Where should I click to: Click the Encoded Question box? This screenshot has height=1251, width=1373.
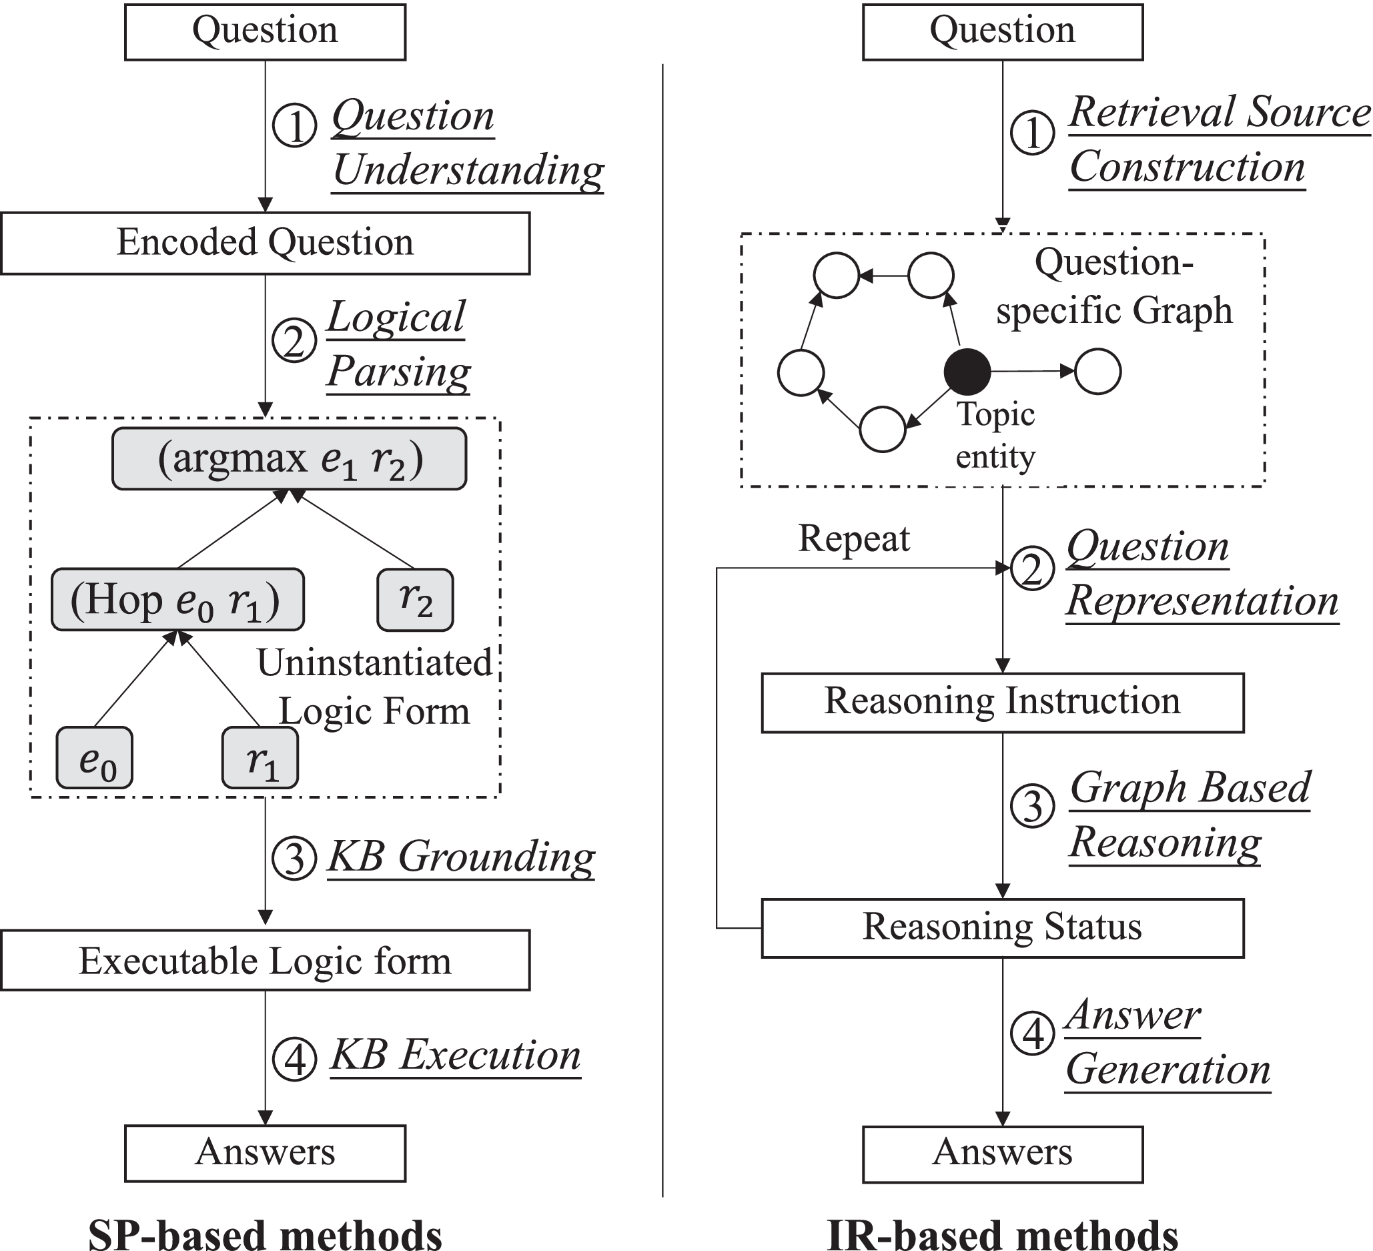[x=265, y=243]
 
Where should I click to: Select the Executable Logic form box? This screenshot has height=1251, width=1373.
[x=265, y=960]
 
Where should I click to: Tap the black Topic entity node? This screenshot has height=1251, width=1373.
[x=967, y=372]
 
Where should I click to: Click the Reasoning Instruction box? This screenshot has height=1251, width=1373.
[x=1003, y=702]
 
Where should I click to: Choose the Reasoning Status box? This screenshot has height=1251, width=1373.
[x=1003, y=928]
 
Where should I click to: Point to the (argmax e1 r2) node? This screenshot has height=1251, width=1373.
[x=290, y=458]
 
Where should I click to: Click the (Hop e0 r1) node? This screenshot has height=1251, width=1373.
[x=177, y=599]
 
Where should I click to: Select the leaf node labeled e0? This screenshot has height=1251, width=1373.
[x=95, y=758]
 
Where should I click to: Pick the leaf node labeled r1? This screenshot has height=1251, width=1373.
[x=260, y=758]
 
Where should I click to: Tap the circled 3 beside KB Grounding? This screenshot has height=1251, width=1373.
[x=294, y=857]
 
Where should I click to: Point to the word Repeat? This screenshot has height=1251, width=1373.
[x=853, y=538]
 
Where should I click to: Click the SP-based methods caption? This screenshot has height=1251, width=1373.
[x=265, y=1233]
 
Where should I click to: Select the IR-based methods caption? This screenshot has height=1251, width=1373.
[x=1003, y=1233]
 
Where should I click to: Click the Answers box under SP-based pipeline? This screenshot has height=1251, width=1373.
[x=265, y=1153]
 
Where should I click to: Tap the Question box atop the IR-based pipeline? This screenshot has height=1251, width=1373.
[x=1003, y=32]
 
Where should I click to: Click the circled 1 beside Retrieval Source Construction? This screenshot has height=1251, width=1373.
[x=1033, y=132]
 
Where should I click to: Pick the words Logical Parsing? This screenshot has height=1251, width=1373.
[x=398, y=344]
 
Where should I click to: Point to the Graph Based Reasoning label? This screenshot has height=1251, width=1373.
[x=1188, y=815]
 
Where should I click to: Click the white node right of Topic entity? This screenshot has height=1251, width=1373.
[x=1098, y=372]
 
